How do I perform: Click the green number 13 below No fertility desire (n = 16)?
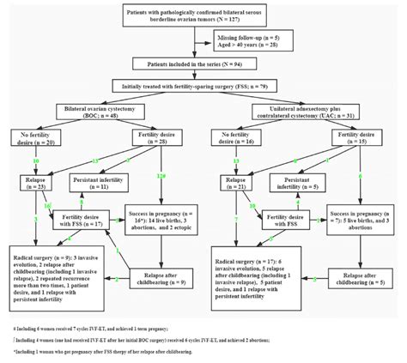pyautogui.click(x=234, y=160)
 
